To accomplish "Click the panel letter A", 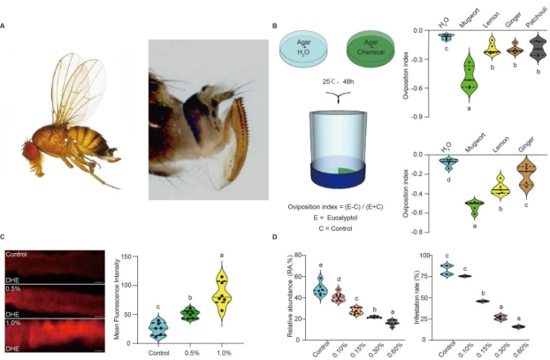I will tap(6, 24).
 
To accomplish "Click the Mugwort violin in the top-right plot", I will tap(467, 77).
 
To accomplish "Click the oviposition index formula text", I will tap(336, 207).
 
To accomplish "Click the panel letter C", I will tap(6, 237).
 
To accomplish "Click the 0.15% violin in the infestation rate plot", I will tap(482, 301).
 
